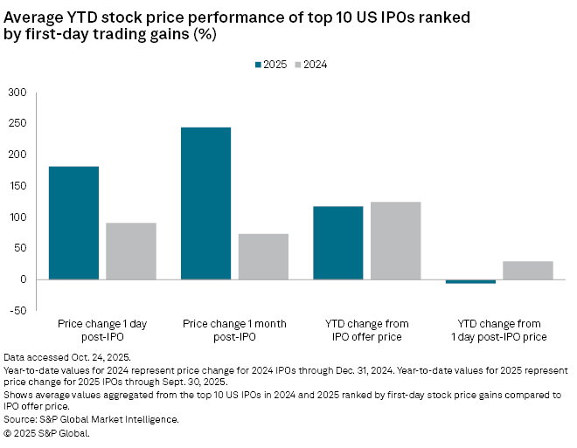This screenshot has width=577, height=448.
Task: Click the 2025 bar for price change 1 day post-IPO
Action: (73, 223)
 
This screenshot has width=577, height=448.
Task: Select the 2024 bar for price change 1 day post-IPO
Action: (131, 251)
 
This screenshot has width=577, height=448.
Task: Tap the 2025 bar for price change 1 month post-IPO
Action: (205, 203)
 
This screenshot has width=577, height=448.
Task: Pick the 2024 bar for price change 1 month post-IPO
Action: (263, 256)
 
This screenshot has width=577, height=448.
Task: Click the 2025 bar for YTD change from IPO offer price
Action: (337, 243)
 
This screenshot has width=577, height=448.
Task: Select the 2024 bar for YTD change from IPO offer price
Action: (395, 240)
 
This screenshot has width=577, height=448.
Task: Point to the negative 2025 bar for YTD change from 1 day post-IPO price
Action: (470, 281)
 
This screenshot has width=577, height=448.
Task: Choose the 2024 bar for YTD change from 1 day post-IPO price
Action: (528, 270)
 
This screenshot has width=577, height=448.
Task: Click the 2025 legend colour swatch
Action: (259, 64)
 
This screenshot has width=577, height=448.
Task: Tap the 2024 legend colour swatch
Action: (297, 64)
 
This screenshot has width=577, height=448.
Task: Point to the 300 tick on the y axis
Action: (17, 93)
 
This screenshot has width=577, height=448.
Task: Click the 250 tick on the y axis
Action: (17, 123)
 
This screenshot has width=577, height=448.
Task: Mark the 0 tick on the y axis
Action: (24, 279)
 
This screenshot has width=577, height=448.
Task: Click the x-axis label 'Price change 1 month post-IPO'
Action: (233, 330)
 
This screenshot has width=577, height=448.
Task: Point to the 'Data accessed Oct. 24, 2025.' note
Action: (67, 358)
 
